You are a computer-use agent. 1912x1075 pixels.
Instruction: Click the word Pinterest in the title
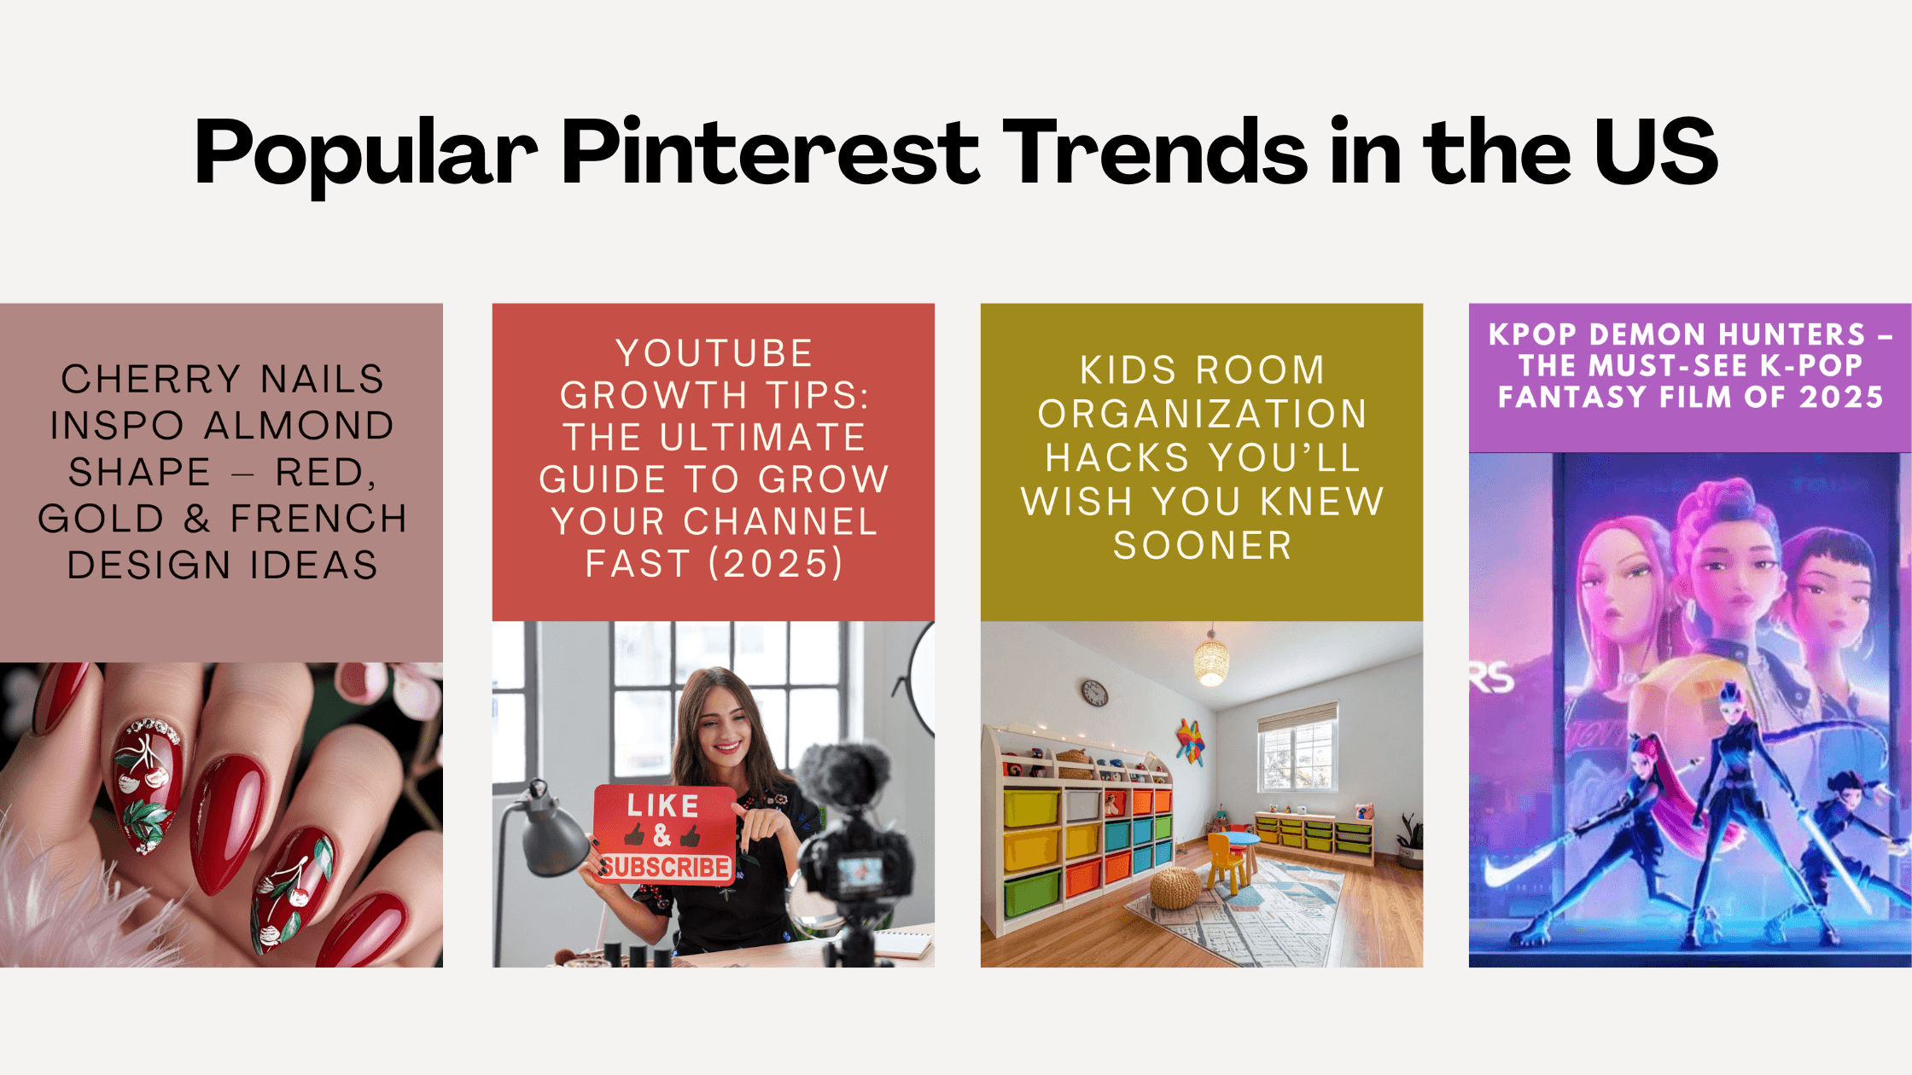pos(770,154)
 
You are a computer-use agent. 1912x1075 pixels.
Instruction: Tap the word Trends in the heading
pos(1154,154)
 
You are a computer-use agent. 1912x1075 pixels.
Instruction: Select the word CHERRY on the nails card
pos(151,379)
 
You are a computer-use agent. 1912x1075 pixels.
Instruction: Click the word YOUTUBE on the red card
pos(714,353)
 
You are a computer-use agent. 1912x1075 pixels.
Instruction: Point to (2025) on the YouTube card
pos(776,563)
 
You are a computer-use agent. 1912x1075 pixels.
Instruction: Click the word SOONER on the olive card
pos(1202,545)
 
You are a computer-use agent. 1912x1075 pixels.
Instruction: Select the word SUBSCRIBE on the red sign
pos(665,867)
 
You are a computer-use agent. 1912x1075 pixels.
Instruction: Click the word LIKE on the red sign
pos(663,805)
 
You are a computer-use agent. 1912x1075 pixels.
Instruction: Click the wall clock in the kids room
pos(1094,692)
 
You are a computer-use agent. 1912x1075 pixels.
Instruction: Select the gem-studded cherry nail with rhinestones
pos(147,781)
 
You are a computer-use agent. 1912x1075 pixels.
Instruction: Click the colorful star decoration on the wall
pos(1190,740)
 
